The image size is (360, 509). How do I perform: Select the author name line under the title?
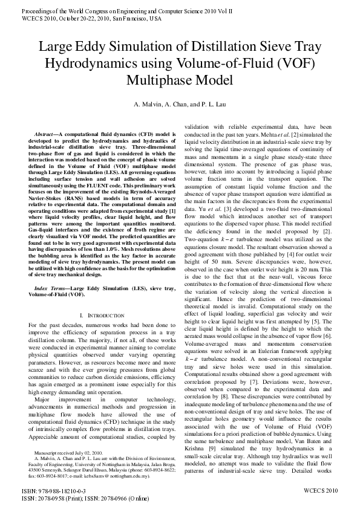[x=180, y=105]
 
